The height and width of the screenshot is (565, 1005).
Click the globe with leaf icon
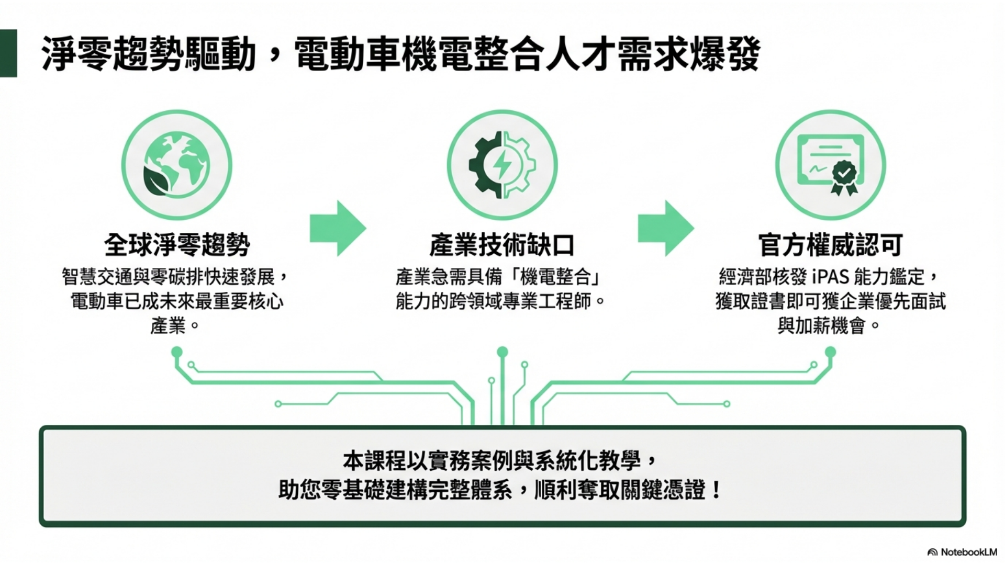point(176,165)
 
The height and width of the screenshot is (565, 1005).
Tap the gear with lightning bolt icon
point(502,165)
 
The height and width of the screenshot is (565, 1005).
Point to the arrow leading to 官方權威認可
point(665,228)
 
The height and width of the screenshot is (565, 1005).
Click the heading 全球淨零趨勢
point(177,245)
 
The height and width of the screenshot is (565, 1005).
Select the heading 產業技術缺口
point(502,245)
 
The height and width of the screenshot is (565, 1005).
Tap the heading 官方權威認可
point(830,245)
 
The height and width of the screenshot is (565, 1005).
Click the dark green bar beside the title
point(8,53)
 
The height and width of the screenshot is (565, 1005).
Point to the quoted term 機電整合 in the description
point(555,276)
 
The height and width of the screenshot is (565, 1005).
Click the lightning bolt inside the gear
point(502,164)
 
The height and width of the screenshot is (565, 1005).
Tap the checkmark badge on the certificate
point(844,171)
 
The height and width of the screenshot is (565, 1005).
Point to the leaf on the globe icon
point(159,179)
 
